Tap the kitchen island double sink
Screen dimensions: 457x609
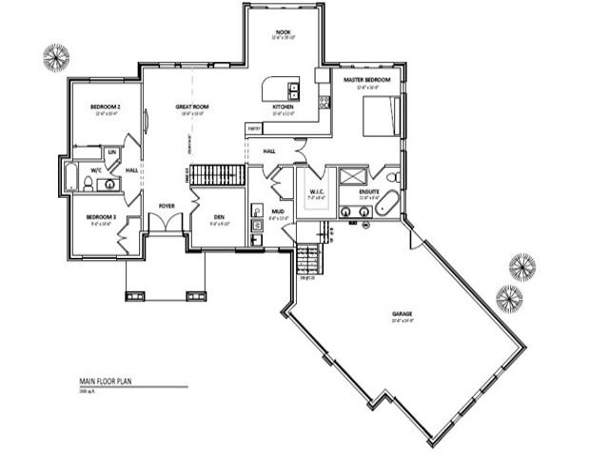[x=294, y=91]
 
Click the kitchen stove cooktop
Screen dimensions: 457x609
[x=324, y=99]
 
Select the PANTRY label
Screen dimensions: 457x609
[x=254, y=127]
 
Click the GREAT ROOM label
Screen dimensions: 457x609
[x=192, y=106]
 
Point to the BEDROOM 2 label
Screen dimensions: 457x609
[x=104, y=106]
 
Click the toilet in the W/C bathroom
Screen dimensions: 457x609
[x=88, y=181]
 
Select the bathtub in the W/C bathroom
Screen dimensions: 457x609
[x=70, y=177]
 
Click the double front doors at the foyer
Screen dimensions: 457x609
[x=167, y=224]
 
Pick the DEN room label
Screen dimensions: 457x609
[x=218, y=217]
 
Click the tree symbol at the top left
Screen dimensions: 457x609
[x=57, y=56]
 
